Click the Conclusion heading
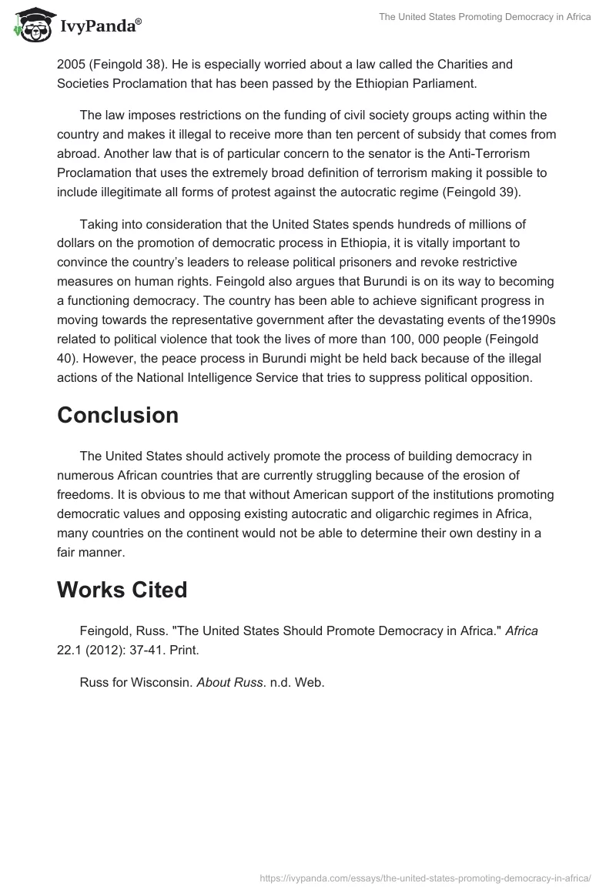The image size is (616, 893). coord(118,415)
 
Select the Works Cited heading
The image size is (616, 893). coord(122,590)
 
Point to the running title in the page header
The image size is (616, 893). coord(484,17)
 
